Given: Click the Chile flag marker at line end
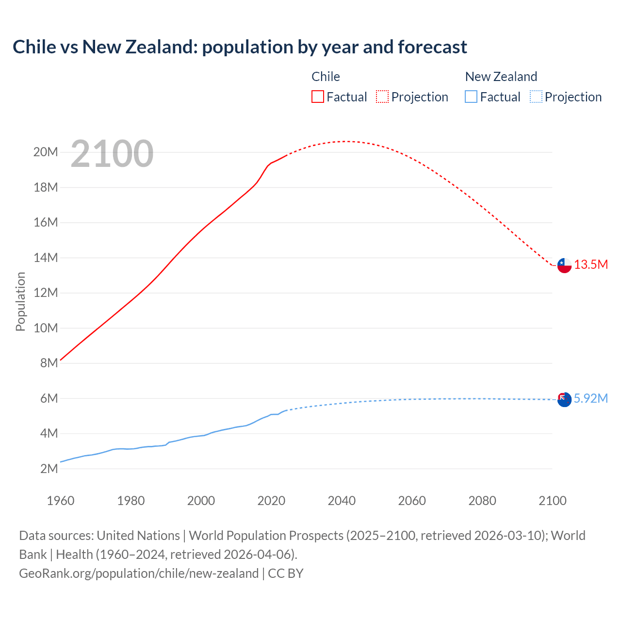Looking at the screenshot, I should coord(564,265).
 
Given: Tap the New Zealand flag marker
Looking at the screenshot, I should coord(564,399).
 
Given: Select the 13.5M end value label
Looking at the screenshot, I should coord(591,264).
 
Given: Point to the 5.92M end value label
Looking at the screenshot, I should coord(591,398).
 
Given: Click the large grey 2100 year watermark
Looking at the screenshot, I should coord(112,154).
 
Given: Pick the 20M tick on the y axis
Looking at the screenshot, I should coord(46,152).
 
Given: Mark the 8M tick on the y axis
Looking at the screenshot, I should coord(49,363).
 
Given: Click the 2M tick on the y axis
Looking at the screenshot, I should coord(49,469).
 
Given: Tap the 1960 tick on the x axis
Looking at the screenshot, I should coord(61,501).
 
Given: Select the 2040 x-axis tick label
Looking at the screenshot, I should coord(342,501).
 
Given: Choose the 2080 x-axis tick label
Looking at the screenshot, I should coord(482,501).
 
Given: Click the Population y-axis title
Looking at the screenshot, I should coord(20,301).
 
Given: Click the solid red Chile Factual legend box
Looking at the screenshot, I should coord(317,97).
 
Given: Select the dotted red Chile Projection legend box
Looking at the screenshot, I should coord(382,97).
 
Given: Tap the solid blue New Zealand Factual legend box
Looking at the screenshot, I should coord(471,97).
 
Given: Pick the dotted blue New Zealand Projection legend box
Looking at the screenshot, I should coord(536,97).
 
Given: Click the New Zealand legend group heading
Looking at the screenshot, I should coord(501,77).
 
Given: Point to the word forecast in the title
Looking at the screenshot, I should coord(432,47).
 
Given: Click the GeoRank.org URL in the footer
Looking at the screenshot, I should coord(139,573).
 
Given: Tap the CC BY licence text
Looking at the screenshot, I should coord(286,573).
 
